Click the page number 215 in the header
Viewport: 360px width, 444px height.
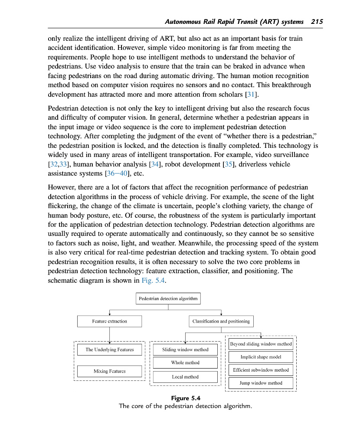coord(317,22)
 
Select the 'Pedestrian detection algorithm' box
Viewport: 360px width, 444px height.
coord(168,298)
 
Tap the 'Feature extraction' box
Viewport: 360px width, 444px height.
coord(109,321)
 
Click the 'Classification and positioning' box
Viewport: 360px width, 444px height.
coord(221,321)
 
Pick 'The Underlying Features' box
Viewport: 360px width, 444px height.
coord(109,349)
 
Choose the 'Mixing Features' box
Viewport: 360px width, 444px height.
coord(109,371)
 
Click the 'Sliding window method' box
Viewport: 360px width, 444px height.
coord(185,349)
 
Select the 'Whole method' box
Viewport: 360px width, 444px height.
coord(185,362)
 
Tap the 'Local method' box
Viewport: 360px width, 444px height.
coord(185,377)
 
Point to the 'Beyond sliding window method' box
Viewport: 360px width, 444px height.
coord(261,344)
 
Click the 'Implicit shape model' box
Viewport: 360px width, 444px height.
coord(261,357)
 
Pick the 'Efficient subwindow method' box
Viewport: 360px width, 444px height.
coord(261,370)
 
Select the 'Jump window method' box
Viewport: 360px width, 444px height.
coord(261,383)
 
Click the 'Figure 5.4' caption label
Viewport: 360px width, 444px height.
coord(186,398)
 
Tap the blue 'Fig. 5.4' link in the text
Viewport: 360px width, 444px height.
coord(154,281)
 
